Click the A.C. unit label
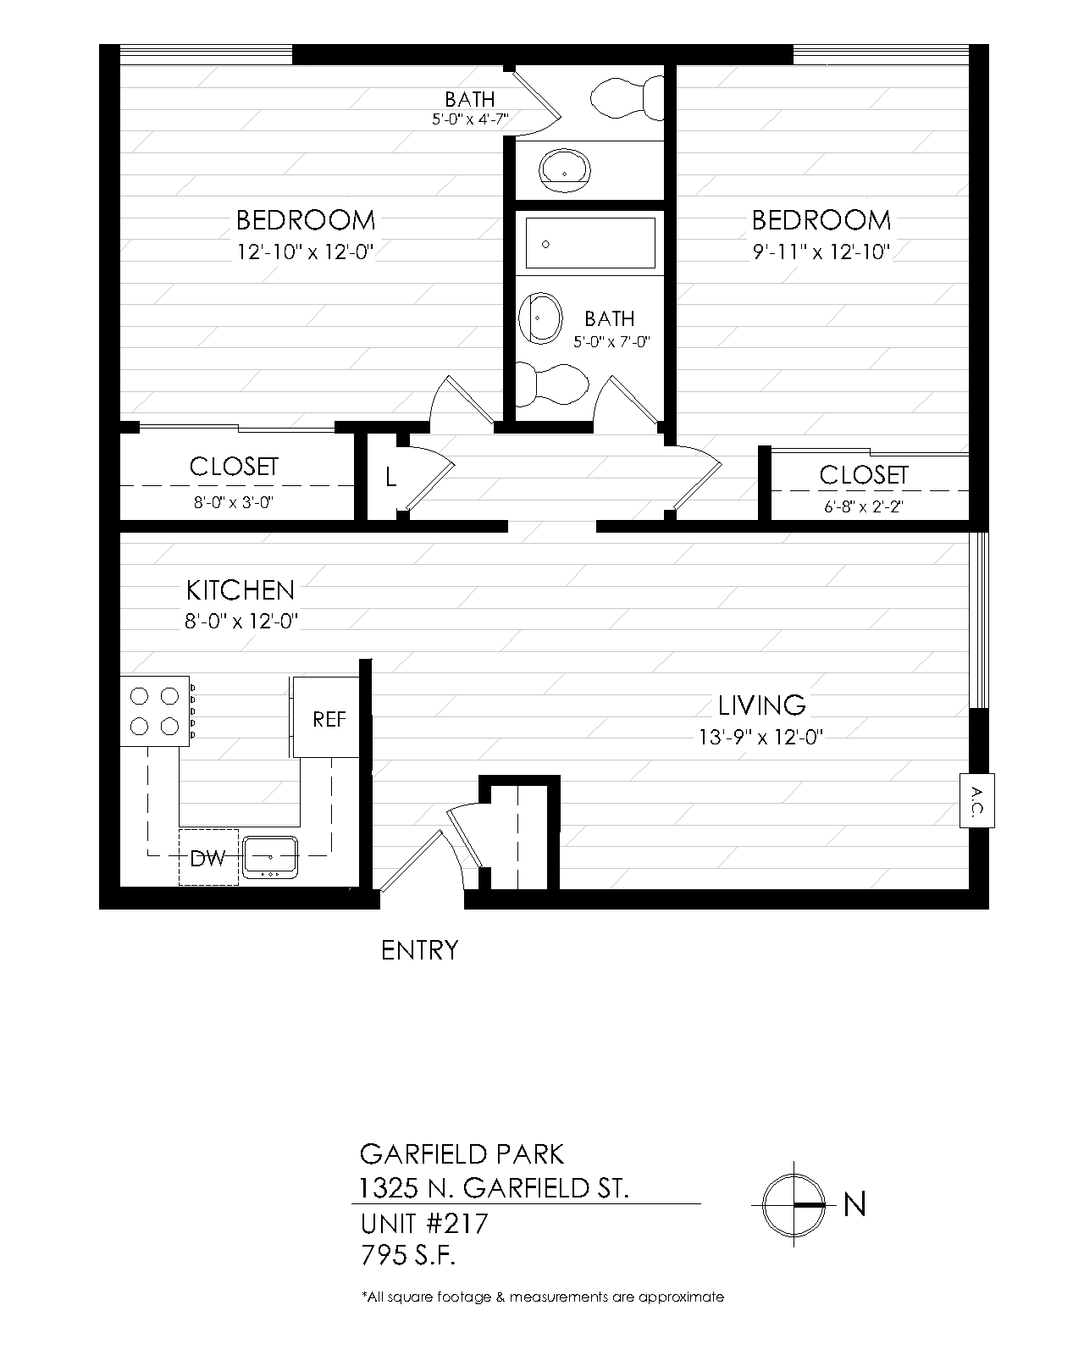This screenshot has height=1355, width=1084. point(977,801)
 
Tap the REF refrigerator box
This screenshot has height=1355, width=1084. point(326,717)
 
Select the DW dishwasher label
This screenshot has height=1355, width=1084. point(207,858)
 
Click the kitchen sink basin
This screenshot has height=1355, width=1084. point(270,857)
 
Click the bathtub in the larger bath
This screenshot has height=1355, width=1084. point(590,243)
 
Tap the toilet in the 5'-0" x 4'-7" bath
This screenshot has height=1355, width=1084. point(627,97)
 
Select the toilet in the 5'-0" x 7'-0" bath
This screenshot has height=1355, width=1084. point(552,384)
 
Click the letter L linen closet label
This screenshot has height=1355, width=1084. point(390,478)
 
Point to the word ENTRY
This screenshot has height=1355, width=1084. point(419,950)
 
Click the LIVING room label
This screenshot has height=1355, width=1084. point(761,705)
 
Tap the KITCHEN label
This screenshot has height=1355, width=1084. point(240,590)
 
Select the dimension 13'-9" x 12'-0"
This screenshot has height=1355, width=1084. point(760,737)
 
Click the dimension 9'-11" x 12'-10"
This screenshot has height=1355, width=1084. point(821,252)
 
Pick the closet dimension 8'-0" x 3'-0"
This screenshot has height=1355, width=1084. point(233,502)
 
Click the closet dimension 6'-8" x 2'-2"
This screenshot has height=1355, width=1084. point(864,507)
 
